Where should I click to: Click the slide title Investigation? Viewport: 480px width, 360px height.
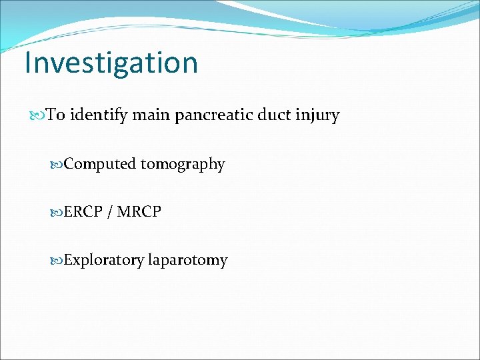coord(111,63)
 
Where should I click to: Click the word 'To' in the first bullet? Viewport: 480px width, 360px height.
coord(55,115)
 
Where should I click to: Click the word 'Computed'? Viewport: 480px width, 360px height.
coord(100,164)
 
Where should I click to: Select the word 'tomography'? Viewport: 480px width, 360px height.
coord(183,165)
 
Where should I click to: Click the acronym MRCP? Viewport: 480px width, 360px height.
coord(138,212)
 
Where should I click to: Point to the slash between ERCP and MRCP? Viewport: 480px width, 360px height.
coord(109,212)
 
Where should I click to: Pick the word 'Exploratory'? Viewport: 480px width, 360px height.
coord(104,260)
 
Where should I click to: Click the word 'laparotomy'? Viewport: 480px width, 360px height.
coord(188,261)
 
